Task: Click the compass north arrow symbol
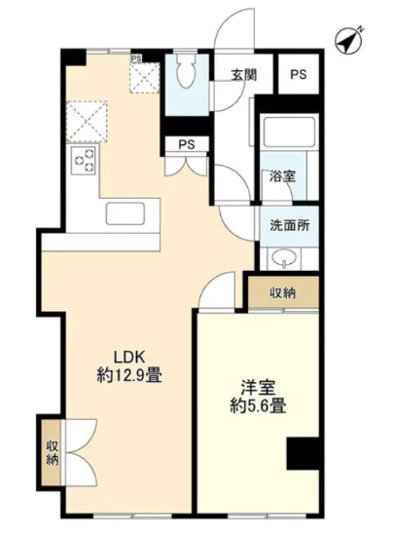point(348,41)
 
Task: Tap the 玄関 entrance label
point(244,75)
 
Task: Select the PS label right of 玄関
point(298,75)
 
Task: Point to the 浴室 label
point(282,177)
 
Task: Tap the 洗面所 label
point(289,224)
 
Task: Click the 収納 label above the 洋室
point(283,292)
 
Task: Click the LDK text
point(129,354)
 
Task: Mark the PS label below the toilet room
point(185,145)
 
